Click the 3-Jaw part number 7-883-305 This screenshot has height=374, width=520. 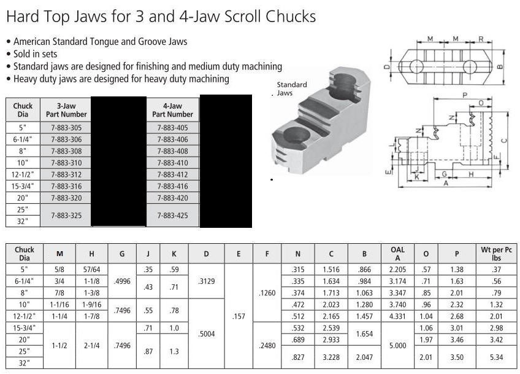coord(66,128)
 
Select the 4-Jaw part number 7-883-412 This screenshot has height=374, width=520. coord(172,174)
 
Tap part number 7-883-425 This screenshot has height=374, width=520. coord(172,215)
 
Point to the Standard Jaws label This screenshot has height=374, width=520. coord(292,88)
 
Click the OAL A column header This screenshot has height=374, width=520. coord(397,254)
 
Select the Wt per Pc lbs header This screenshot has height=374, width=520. coord(496,254)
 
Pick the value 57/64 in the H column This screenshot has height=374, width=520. coord(91,270)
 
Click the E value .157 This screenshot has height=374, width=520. coord(239,316)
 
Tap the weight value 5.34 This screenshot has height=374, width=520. coord(496,357)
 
